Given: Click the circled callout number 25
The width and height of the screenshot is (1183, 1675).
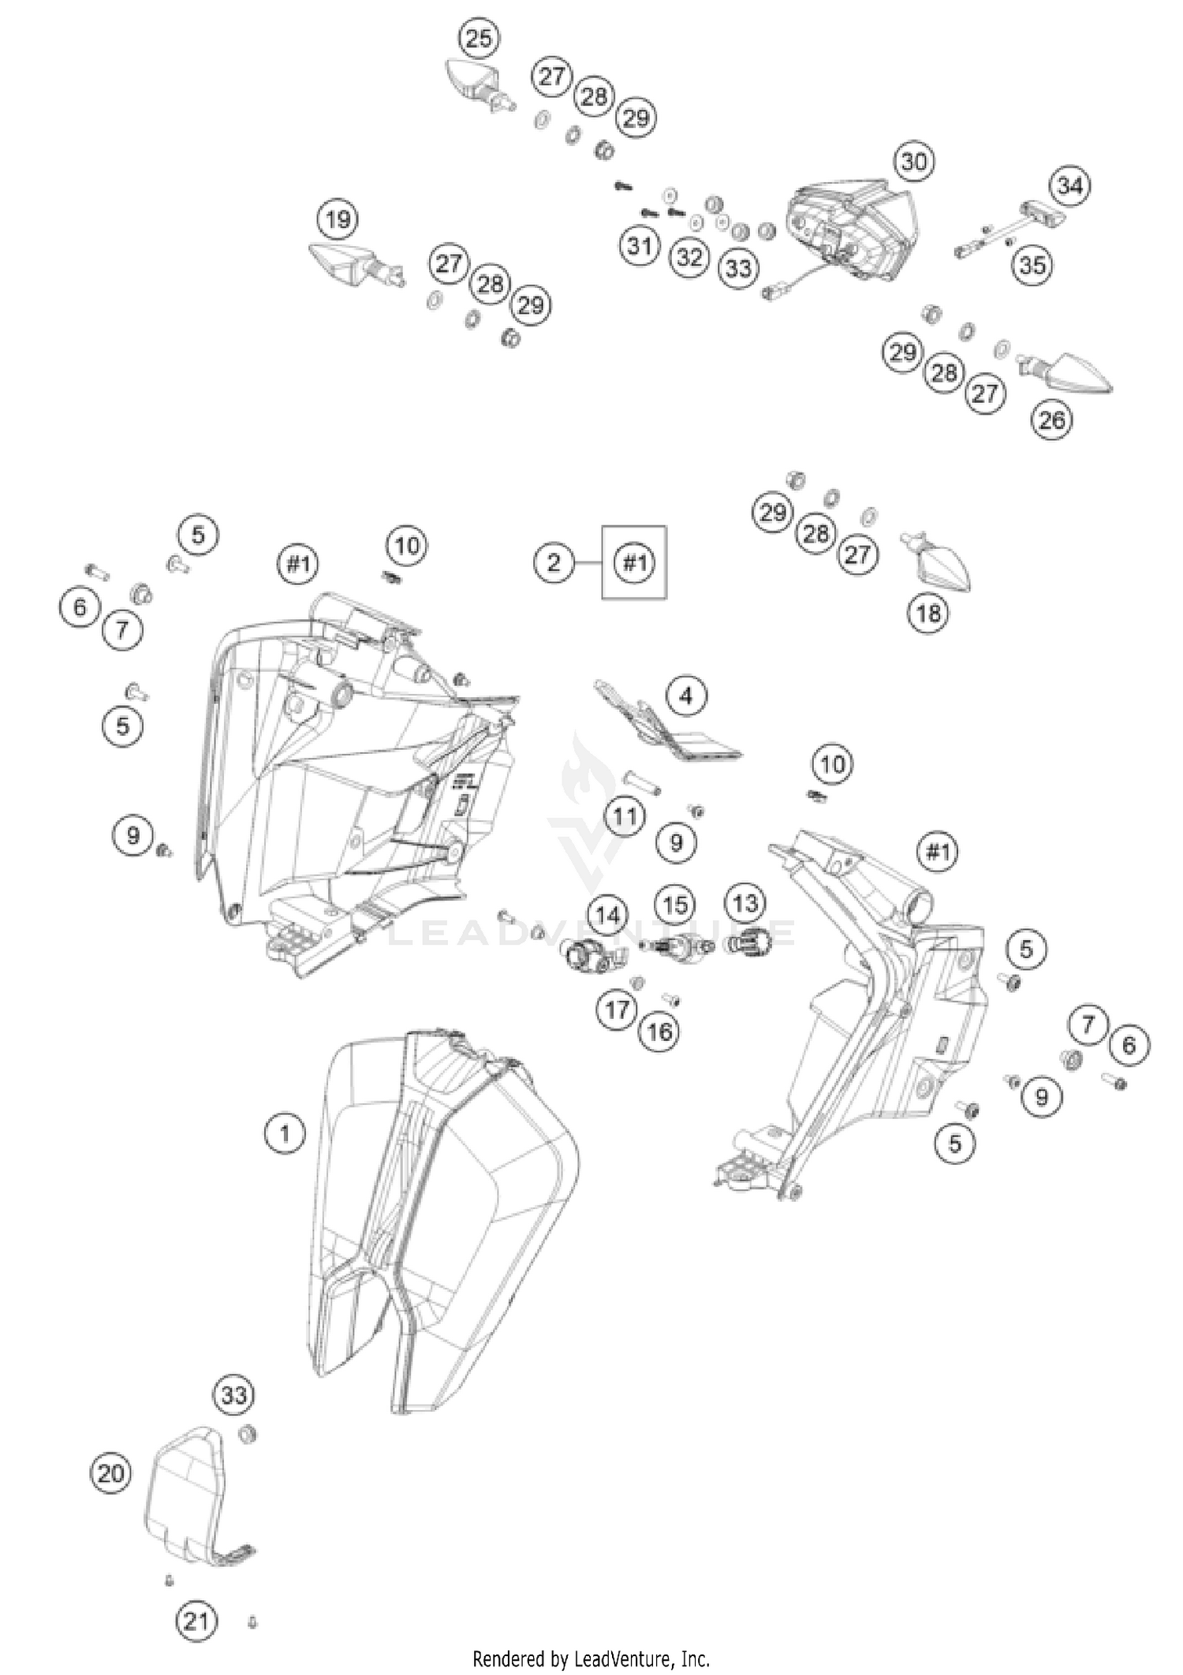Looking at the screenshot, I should (479, 38).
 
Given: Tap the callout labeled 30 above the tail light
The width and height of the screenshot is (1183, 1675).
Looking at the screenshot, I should (913, 162).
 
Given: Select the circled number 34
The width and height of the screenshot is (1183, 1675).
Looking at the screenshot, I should (1069, 186).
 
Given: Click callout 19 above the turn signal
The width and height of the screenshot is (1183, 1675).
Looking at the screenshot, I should (338, 218).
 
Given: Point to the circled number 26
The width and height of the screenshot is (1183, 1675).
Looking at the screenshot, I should (1052, 420).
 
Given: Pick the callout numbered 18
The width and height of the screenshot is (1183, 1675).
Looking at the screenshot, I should (928, 612).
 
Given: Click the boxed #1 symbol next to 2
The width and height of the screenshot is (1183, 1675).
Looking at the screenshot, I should (634, 562).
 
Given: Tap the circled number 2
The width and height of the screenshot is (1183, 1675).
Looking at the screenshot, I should (554, 562).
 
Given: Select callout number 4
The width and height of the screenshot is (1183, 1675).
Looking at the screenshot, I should (686, 696).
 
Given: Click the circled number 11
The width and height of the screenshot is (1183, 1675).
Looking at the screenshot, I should (625, 816).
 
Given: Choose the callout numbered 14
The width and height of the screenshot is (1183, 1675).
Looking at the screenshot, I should (607, 916).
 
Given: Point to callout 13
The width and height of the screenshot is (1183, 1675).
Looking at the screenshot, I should (745, 904).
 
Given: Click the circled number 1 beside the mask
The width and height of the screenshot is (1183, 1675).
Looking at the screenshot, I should (284, 1134).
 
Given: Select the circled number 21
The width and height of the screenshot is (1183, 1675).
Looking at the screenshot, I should (196, 1621).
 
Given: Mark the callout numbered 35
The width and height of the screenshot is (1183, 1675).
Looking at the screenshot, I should (1032, 265).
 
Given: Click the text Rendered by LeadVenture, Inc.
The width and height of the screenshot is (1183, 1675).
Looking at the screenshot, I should (591, 1658).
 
